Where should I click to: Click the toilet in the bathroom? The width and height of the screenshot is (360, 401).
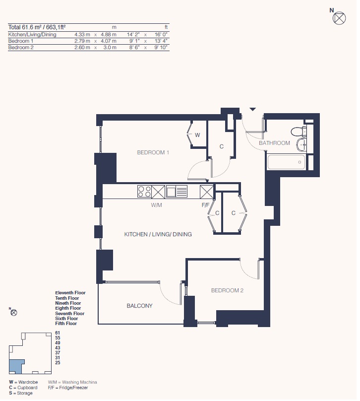(x=299, y=132)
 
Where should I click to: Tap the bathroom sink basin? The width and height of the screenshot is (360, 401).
(x=302, y=145)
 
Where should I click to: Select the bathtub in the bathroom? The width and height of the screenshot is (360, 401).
(x=287, y=162)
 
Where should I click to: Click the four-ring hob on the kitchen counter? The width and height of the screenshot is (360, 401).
(x=144, y=192)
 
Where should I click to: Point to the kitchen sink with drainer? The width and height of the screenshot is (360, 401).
(x=177, y=192)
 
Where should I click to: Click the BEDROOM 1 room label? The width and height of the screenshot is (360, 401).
(x=153, y=152)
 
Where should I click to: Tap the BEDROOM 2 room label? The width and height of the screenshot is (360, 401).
(x=227, y=290)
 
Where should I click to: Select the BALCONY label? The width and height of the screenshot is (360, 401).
(x=139, y=306)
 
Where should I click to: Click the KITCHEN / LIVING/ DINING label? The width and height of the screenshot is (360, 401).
(x=158, y=234)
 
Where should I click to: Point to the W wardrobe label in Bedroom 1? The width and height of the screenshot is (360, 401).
(x=197, y=135)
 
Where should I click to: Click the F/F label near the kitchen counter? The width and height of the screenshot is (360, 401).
(x=206, y=205)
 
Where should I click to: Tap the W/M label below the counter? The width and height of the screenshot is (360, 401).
(x=156, y=205)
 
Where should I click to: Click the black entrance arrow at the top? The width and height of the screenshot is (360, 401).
(x=253, y=110)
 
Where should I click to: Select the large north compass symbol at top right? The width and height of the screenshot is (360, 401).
(x=339, y=18)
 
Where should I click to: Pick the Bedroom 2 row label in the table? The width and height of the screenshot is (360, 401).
(x=21, y=47)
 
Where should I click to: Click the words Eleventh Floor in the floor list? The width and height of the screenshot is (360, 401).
(x=70, y=293)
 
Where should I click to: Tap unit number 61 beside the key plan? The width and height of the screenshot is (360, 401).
(x=58, y=333)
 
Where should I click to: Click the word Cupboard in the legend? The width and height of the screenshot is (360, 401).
(x=27, y=388)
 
